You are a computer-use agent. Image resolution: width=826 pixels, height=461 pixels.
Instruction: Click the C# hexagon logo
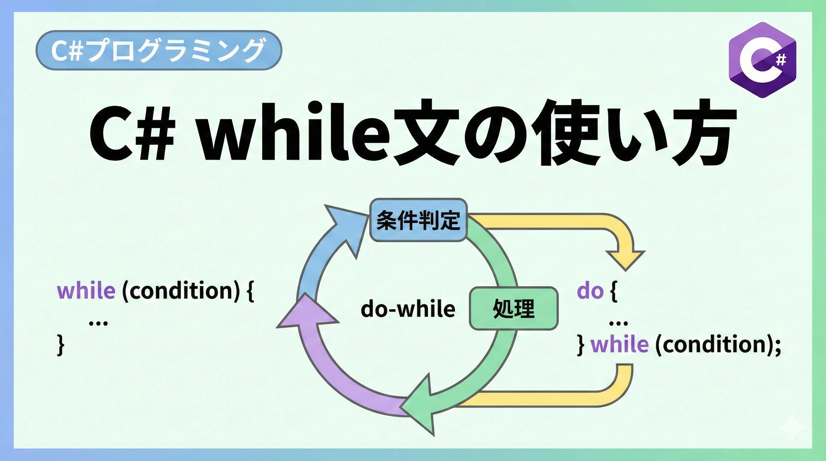762,60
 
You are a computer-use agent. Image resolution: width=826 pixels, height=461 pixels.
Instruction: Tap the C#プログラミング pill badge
159,50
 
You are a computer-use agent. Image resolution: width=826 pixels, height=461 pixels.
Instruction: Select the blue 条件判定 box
418,220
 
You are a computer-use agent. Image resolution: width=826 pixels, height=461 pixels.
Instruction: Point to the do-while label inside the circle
408,309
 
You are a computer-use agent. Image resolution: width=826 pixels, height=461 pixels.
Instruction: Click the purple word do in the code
590,291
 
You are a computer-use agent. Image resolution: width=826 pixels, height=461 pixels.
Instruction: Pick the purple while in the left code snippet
86,291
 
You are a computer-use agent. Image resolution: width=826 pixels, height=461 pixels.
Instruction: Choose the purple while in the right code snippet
619,344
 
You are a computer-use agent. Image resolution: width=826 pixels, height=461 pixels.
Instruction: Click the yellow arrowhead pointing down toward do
626,260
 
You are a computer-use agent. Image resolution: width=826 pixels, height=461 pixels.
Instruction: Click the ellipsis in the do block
618,324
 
